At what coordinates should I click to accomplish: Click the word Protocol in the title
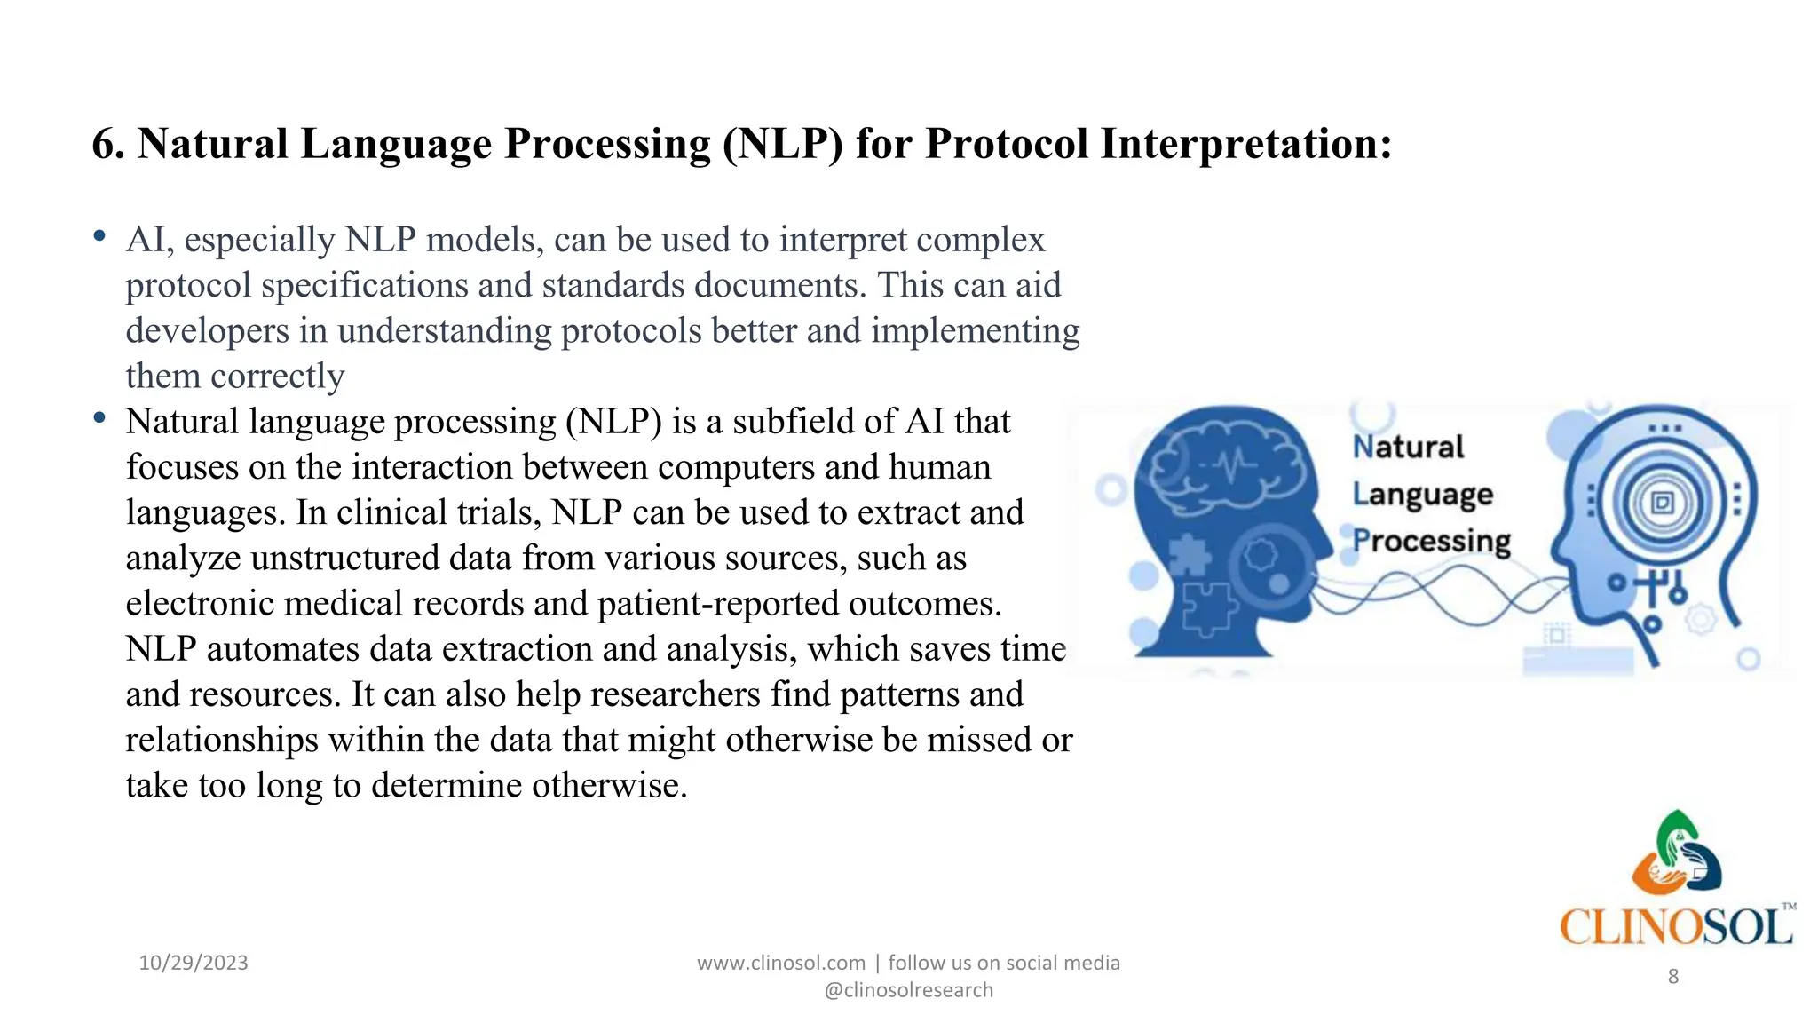pyautogui.click(x=1006, y=144)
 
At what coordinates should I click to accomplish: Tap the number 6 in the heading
pyautogui.click(x=104, y=144)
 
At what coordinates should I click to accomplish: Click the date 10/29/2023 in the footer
pyautogui.click(x=194, y=963)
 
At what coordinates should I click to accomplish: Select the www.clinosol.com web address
pyautogui.click(x=780, y=963)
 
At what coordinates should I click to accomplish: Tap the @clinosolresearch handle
pyautogui.click(x=908, y=990)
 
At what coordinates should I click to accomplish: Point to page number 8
pyautogui.click(x=1672, y=977)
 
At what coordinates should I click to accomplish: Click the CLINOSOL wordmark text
pyautogui.click(x=1675, y=927)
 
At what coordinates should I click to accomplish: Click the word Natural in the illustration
pyautogui.click(x=1408, y=447)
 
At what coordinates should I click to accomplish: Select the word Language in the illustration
pyautogui.click(x=1422, y=495)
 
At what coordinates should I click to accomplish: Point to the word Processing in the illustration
pyautogui.click(x=1431, y=542)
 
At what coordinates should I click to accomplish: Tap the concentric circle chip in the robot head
pyautogui.click(x=1661, y=503)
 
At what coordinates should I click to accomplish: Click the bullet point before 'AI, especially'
pyautogui.click(x=99, y=237)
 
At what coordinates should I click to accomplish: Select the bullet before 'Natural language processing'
pyautogui.click(x=99, y=418)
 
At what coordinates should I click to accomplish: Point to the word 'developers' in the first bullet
pyautogui.click(x=207, y=331)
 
